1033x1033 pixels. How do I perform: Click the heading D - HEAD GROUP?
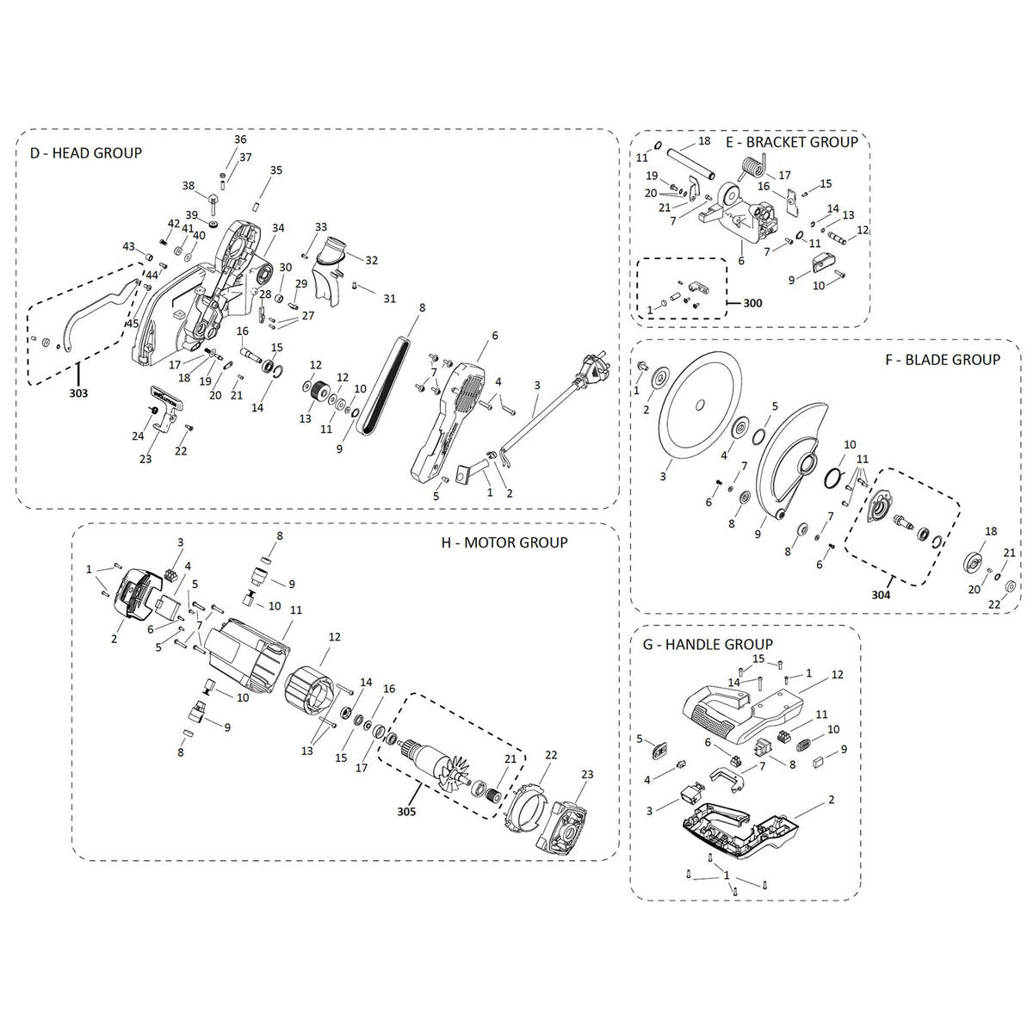85,153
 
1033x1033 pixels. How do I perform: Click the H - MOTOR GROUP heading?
504,542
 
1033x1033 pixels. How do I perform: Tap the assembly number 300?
752,303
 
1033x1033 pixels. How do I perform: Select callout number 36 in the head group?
240,139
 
